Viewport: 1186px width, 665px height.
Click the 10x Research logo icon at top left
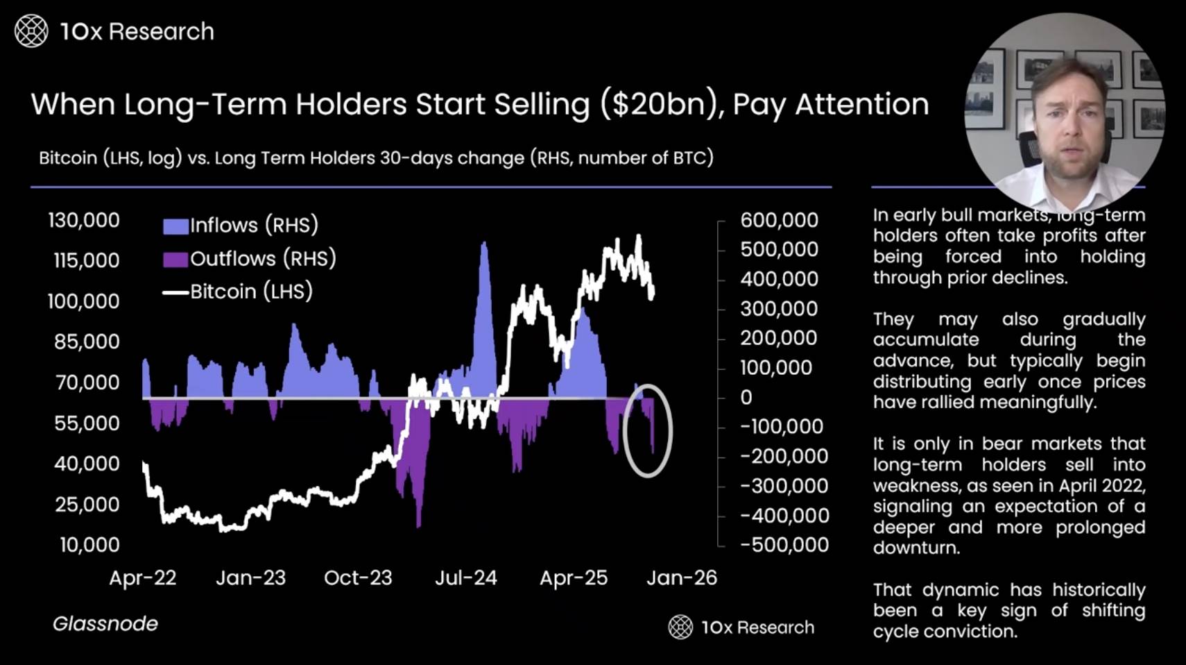[31, 31]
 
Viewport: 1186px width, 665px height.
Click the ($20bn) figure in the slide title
[660, 105]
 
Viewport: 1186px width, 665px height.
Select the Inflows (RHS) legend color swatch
[175, 226]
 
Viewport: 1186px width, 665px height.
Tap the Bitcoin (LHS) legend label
[251, 292]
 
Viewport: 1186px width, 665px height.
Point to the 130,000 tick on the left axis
[83, 220]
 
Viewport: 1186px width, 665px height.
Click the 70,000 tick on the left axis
[87, 382]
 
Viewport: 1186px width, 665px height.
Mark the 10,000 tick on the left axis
[89, 545]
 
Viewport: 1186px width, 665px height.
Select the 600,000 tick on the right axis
[779, 220]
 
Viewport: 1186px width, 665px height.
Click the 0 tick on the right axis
[746, 398]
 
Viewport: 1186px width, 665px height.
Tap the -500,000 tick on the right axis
[784, 545]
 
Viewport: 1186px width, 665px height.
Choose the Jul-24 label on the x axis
[466, 578]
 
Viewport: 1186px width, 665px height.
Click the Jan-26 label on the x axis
[682, 578]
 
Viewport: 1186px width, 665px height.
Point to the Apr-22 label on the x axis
[143, 578]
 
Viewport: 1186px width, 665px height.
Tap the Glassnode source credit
[105, 623]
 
